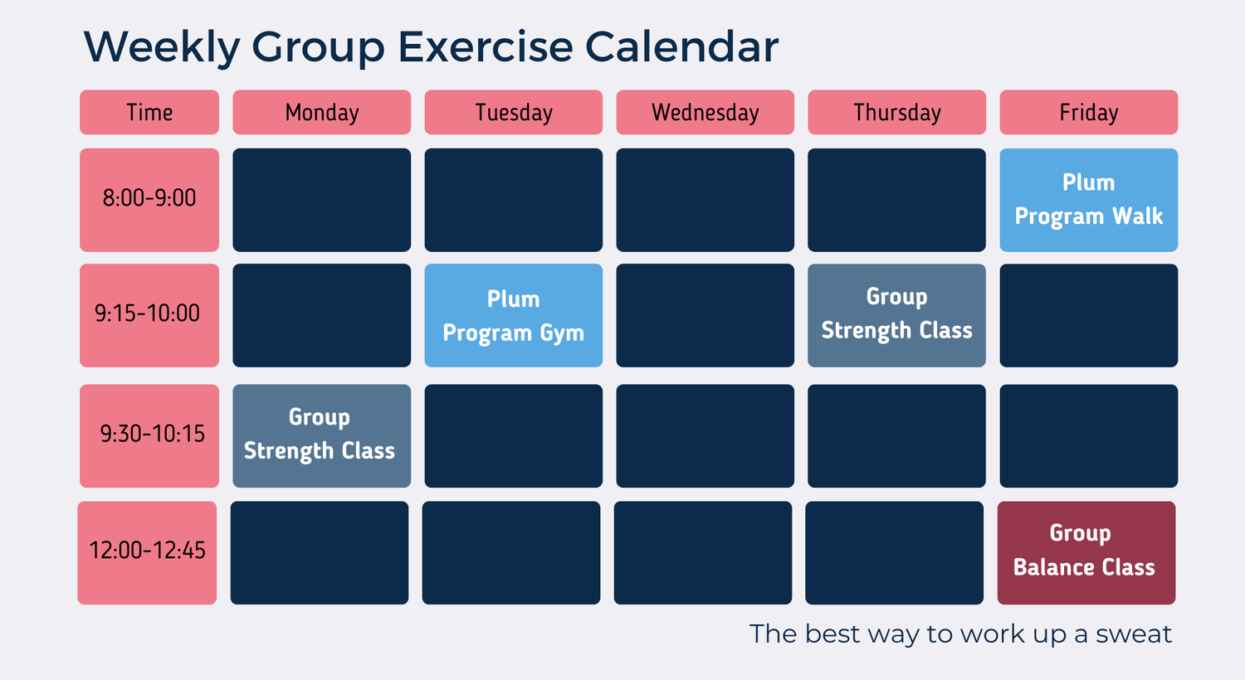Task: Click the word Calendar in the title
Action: point(681,46)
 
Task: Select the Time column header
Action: point(149,112)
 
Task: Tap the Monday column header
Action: point(321,112)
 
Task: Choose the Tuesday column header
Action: point(513,112)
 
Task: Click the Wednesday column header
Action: point(705,112)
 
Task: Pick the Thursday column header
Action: point(896,112)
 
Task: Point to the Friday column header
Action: point(1088,112)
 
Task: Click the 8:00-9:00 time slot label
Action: point(149,199)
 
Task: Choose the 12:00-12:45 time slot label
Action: point(147,551)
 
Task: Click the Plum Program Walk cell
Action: point(1088,200)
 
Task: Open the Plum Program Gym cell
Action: point(513,315)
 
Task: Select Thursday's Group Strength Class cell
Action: point(896,315)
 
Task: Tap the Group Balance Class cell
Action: point(1086,552)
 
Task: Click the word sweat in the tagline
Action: point(1134,634)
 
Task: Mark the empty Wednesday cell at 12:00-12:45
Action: point(702,552)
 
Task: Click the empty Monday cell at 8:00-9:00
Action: point(321,200)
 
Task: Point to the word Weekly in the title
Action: point(162,46)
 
